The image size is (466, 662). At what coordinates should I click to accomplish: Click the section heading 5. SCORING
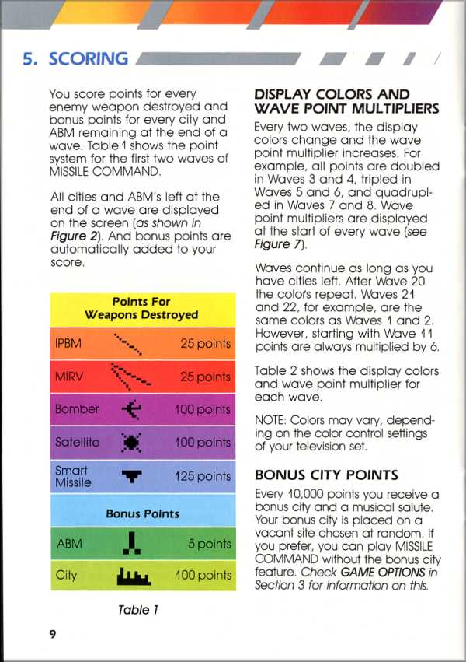[75, 58]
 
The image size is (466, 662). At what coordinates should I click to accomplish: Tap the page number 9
[53, 634]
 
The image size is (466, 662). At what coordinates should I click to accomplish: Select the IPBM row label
[69, 343]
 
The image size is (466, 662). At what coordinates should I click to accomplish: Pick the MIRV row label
[69, 377]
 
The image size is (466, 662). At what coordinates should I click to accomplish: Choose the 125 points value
[203, 476]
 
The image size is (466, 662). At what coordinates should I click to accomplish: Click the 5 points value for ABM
[210, 544]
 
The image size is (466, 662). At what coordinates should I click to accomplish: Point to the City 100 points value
[203, 576]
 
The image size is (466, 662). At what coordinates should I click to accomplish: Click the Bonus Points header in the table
[142, 513]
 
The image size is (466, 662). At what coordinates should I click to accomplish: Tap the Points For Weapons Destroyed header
[141, 308]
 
